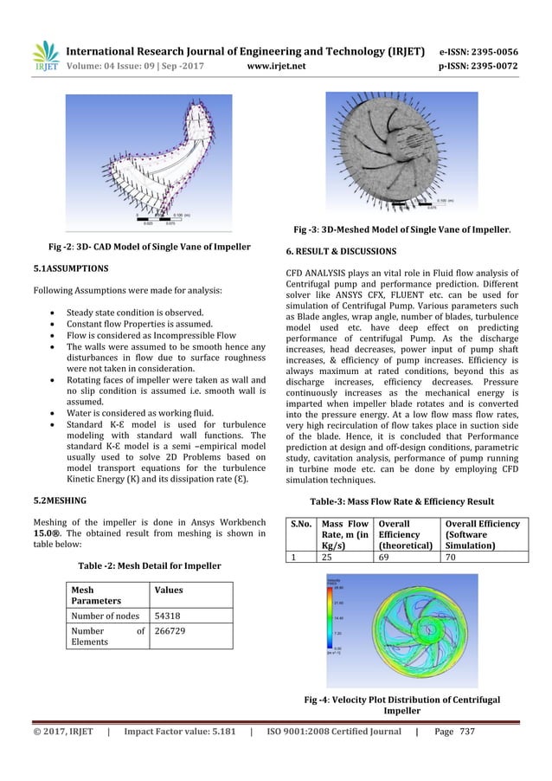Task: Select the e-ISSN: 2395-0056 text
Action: pyautogui.click(x=485, y=50)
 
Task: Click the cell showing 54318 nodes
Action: pyautogui.click(x=168, y=616)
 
